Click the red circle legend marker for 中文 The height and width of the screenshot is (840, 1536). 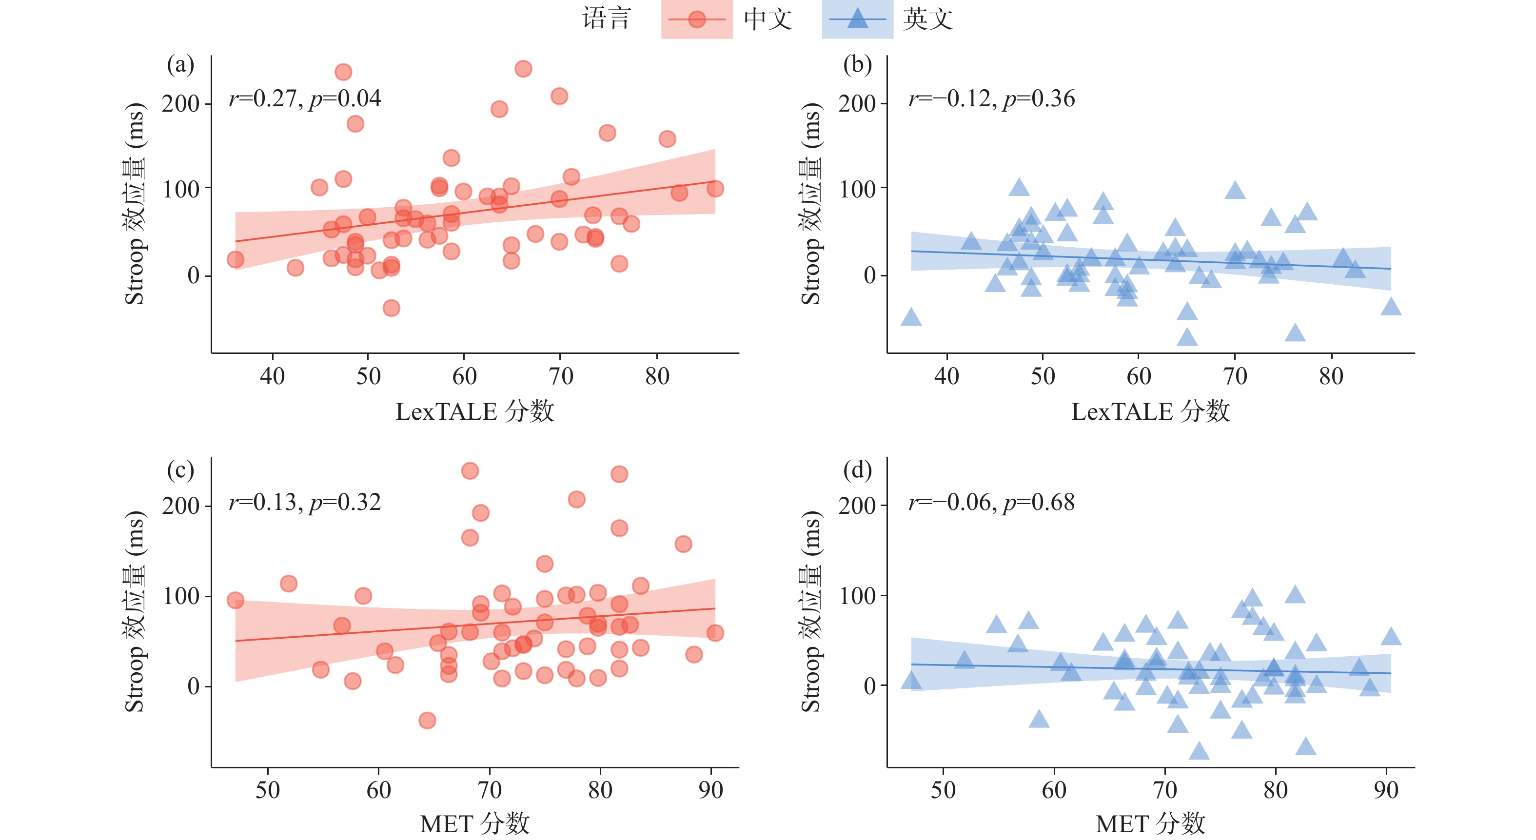(x=696, y=19)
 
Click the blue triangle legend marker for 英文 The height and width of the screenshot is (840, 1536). (x=857, y=19)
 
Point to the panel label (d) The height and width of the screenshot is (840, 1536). (x=857, y=470)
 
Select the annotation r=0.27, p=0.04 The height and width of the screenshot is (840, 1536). (x=305, y=98)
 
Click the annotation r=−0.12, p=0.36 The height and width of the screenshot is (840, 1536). (x=991, y=98)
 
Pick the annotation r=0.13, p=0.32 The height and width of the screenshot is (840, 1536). (x=305, y=502)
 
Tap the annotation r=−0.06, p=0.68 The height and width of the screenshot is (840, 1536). (x=991, y=502)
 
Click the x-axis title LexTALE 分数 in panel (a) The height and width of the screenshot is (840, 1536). (x=474, y=411)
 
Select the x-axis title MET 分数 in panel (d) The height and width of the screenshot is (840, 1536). (x=1150, y=824)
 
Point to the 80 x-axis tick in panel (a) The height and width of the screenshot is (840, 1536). (x=657, y=376)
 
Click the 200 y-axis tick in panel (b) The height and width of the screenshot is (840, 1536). (x=857, y=104)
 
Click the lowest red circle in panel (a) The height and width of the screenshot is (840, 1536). (x=391, y=308)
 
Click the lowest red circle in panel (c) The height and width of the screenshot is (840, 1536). (x=427, y=720)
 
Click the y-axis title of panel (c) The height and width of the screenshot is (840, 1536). (x=135, y=611)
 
